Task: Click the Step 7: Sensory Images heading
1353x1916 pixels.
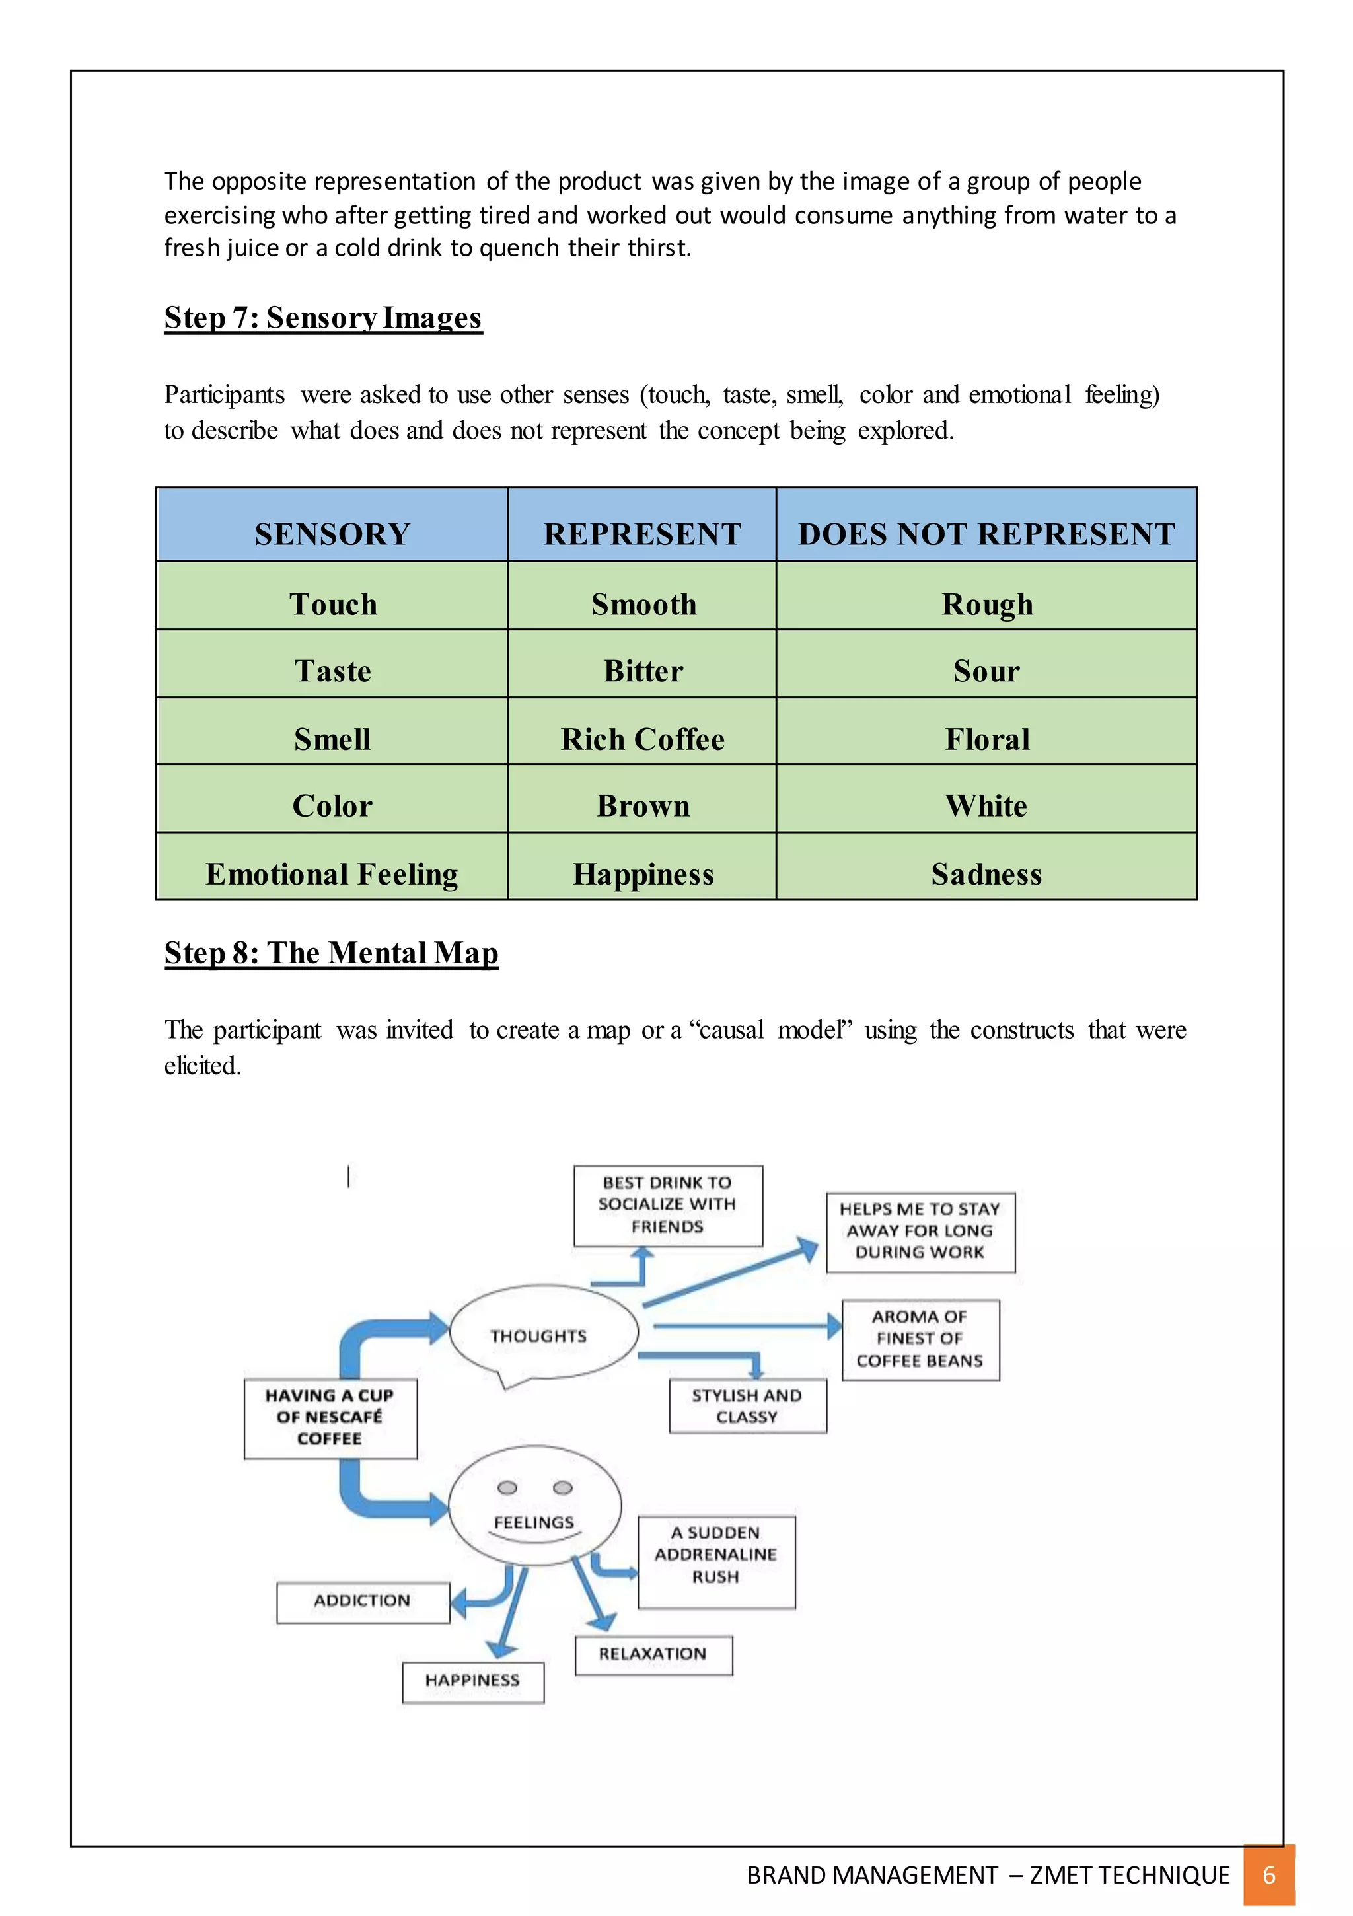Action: pos(323,318)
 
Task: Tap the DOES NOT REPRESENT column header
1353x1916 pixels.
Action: pos(986,533)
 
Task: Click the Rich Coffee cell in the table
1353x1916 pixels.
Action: pos(642,739)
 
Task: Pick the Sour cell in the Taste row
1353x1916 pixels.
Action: pos(986,671)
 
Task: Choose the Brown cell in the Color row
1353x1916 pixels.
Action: pos(642,805)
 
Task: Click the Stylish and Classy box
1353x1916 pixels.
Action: pos(747,1405)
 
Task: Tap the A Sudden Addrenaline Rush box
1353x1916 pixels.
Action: pos(715,1555)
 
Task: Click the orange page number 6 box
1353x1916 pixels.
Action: pos(1268,1875)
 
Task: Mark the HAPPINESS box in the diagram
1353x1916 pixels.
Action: pos(472,1680)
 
